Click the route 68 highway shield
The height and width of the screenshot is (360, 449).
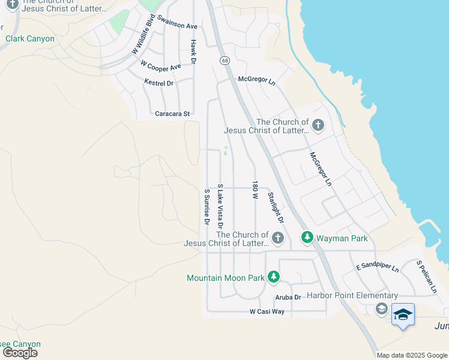coord(224,61)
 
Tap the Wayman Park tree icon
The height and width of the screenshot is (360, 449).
coord(307,238)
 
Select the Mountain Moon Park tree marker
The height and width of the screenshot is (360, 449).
coord(274,277)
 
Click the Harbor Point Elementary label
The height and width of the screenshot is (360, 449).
coord(352,295)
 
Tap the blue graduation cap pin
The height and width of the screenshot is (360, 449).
coord(403,315)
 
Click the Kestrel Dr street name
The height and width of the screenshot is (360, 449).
coord(158,83)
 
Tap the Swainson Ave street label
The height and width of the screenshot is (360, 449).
coord(177,26)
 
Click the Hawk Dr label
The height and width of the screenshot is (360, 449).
coord(193,52)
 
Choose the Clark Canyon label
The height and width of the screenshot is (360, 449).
coord(30,39)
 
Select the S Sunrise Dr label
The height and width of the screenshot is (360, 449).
coord(206,207)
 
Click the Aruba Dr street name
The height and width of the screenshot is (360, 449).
coord(288,298)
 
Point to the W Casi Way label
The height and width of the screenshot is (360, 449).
coord(267,312)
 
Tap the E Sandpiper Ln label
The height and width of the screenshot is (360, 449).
coord(378,267)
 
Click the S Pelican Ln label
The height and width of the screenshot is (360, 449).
coord(427,277)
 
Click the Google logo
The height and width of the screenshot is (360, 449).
coord(20,353)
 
